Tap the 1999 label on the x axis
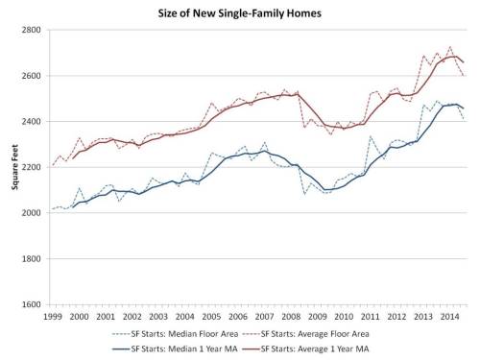click(x=54, y=316)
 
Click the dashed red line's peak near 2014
click(x=450, y=46)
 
